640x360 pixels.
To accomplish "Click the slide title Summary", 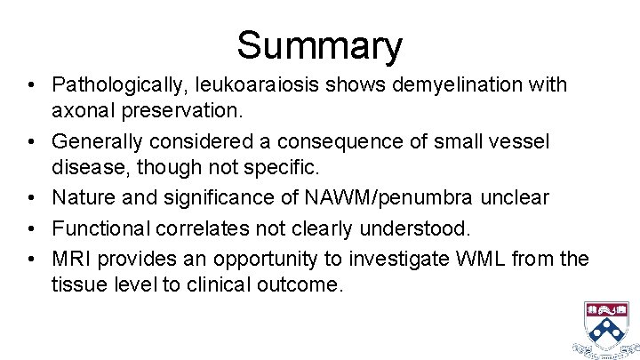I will [x=319, y=44].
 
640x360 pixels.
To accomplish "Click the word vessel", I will [x=523, y=142].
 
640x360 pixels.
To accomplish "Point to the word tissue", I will [x=79, y=286].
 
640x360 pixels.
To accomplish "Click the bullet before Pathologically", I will [x=31, y=86].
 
